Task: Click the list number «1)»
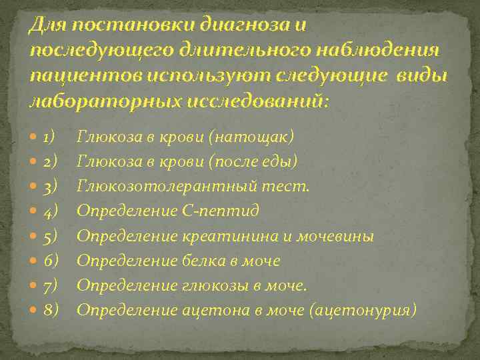48,137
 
